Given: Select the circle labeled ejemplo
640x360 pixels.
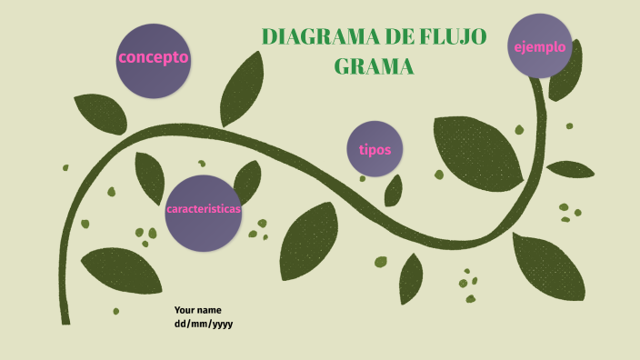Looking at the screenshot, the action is point(540,45).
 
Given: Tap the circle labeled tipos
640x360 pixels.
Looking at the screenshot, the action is point(375,148).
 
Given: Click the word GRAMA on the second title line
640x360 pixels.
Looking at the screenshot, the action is point(374,66).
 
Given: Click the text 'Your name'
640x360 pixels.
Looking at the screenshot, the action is point(197,310).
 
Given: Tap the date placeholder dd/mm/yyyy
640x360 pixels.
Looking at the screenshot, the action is point(204,324).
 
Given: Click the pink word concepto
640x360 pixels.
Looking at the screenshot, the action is point(153,57).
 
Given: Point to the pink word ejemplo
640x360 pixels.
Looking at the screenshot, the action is point(540,46).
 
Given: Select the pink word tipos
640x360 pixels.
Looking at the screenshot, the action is point(375,149).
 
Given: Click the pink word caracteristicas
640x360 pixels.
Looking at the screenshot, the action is point(203,209).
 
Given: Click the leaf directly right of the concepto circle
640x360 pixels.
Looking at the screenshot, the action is point(242,89).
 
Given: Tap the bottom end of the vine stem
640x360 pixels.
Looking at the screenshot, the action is point(65,319).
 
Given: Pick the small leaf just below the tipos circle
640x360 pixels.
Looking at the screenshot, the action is point(394,190).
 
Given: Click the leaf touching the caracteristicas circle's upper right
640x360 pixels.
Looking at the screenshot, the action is point(246,179).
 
